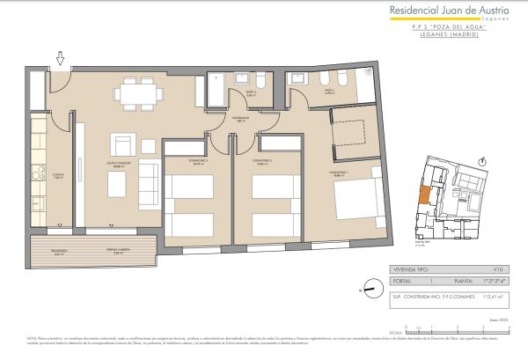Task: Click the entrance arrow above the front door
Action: (x=60, y=59)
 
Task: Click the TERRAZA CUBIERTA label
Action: (x=122, y=251)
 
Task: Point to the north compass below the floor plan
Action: (x=373, y=288)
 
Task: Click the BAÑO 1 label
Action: (x=327, y=91)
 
